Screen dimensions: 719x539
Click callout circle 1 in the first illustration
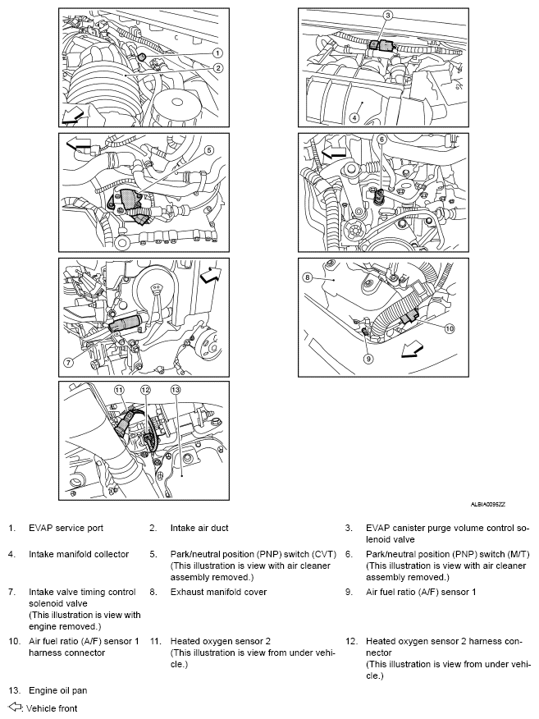click(x=217, y=53)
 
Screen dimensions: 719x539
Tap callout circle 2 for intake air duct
click(x=217, y=67)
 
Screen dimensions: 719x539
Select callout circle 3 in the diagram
click(x=388, y=15)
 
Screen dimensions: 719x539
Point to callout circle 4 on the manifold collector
click(x=355, y=117)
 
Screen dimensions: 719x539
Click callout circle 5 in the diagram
click(x=208, y=150)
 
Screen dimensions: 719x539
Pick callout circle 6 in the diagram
click(x=381, y=140)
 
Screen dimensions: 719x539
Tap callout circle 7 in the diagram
click(x=70, y=362)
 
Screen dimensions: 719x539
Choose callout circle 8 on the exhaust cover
click(x=308, y=277)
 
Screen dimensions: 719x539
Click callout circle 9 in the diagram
click(x=369, y=359)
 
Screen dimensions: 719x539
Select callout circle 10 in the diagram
click(x=449, y=328)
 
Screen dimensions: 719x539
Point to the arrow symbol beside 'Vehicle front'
click(x=14, y=706)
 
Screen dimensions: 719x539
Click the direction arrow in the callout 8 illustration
click(x=413, y=350)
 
